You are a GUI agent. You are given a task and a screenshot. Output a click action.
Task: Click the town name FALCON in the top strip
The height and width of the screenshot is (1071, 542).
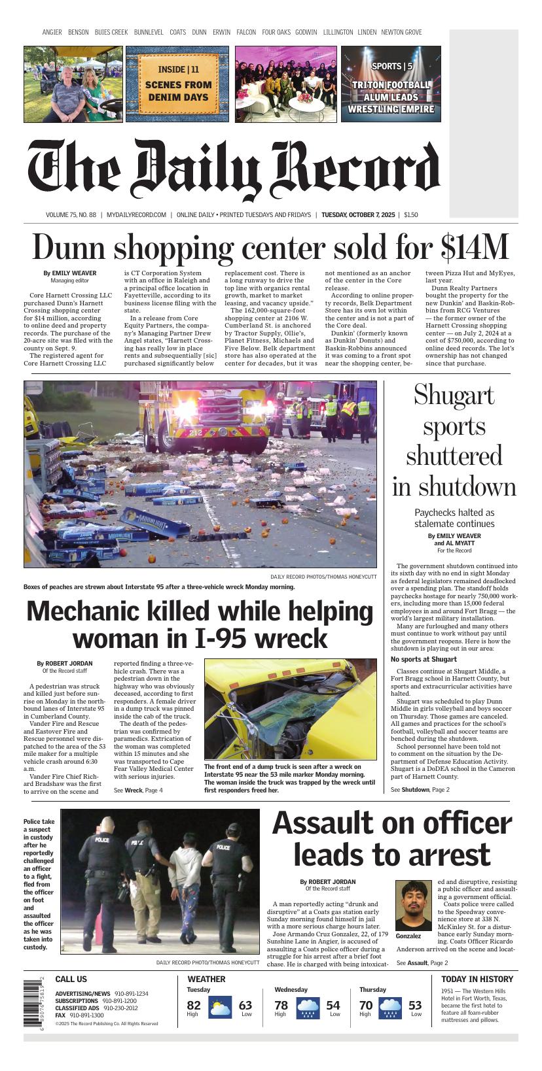246,32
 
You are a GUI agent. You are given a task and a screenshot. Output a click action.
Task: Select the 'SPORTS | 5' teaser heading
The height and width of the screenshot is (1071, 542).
391,66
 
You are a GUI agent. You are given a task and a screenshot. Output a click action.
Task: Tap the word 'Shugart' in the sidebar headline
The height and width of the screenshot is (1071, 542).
454,396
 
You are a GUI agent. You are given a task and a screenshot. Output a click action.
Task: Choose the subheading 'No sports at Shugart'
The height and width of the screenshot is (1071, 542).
424,659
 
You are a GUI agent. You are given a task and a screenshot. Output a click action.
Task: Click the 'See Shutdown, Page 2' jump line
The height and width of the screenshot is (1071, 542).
420,790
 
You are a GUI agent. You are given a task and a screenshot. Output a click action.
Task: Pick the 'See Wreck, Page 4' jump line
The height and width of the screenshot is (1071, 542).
138,790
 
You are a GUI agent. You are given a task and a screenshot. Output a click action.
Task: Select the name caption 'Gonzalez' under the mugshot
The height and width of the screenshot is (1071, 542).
408,936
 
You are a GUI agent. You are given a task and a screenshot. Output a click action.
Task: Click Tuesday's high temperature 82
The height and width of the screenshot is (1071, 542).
194,1005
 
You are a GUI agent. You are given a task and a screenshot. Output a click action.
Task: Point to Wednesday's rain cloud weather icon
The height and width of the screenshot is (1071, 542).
308,1008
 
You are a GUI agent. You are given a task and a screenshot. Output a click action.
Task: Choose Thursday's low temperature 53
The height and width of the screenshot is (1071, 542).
415,1005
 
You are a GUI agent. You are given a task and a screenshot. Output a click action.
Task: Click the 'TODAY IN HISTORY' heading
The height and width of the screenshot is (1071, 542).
477,979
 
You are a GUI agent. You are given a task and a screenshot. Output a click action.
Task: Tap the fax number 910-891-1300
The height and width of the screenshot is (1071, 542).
86,1015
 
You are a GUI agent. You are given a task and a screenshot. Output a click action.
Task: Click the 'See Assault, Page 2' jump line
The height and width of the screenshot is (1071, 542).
422,963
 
